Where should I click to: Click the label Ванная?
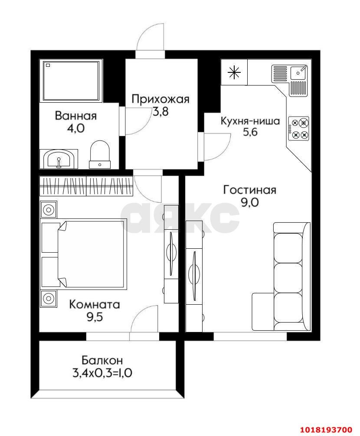click(x=75, y=116)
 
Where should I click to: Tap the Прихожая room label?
click(x=160, y=99)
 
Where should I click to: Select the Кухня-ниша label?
click(x=250, y=121)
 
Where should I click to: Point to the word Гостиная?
click(x=250, y=190)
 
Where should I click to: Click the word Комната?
click(x=94, y=304)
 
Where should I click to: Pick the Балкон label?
click(x=102, y=360)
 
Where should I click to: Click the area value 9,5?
click(x=95, y=317)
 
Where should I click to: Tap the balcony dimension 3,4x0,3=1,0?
click(x=102, y=373)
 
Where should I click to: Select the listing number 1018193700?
click(x=326, y=429)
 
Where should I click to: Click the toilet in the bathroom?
click(x=100, y=154)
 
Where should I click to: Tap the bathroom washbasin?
click(x=59, y=159)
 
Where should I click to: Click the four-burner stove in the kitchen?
click(x=298, y=128)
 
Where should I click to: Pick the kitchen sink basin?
click(x=298, y=73)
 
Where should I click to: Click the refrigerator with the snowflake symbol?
click(x=234, y=72)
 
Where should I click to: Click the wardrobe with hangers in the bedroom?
click(x=86, y=186)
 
